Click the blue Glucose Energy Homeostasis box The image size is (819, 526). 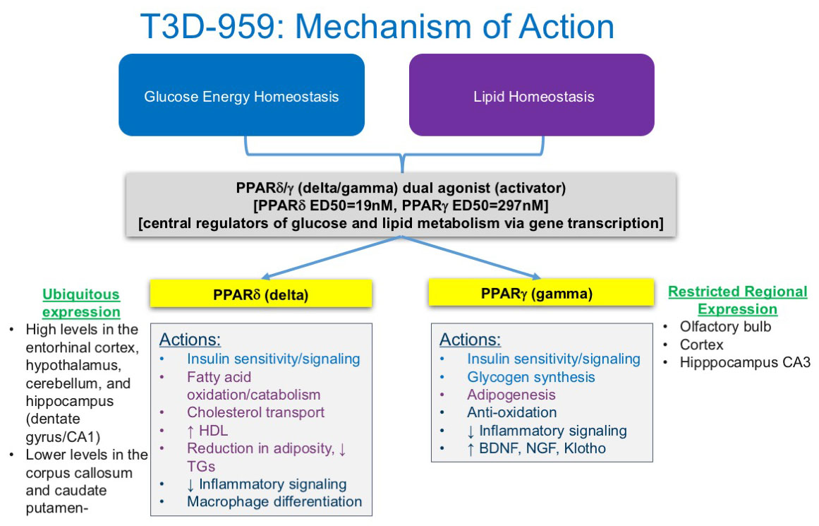tap(241, 95)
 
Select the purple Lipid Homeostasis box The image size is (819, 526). tap(532, 95)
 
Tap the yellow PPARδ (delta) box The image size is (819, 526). tap(260, 294)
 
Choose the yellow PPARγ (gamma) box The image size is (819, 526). tap(540, 293)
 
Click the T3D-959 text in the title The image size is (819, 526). tap(212, 26)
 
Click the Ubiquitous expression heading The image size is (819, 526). tap(81, 303)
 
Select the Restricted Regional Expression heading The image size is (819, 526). tap(737, 300)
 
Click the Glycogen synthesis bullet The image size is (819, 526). tap(530, 377)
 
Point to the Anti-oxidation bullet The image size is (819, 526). tap(512, 412)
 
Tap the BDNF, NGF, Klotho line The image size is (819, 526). tap(536, 448)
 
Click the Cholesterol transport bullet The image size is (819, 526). tap(255, 412)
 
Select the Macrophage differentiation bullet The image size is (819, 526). tap(274, 501)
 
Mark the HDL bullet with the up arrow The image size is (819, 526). tap(207, 431)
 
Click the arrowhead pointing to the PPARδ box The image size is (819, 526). tap(266, 276)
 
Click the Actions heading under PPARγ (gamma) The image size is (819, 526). tap(470, 340)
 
